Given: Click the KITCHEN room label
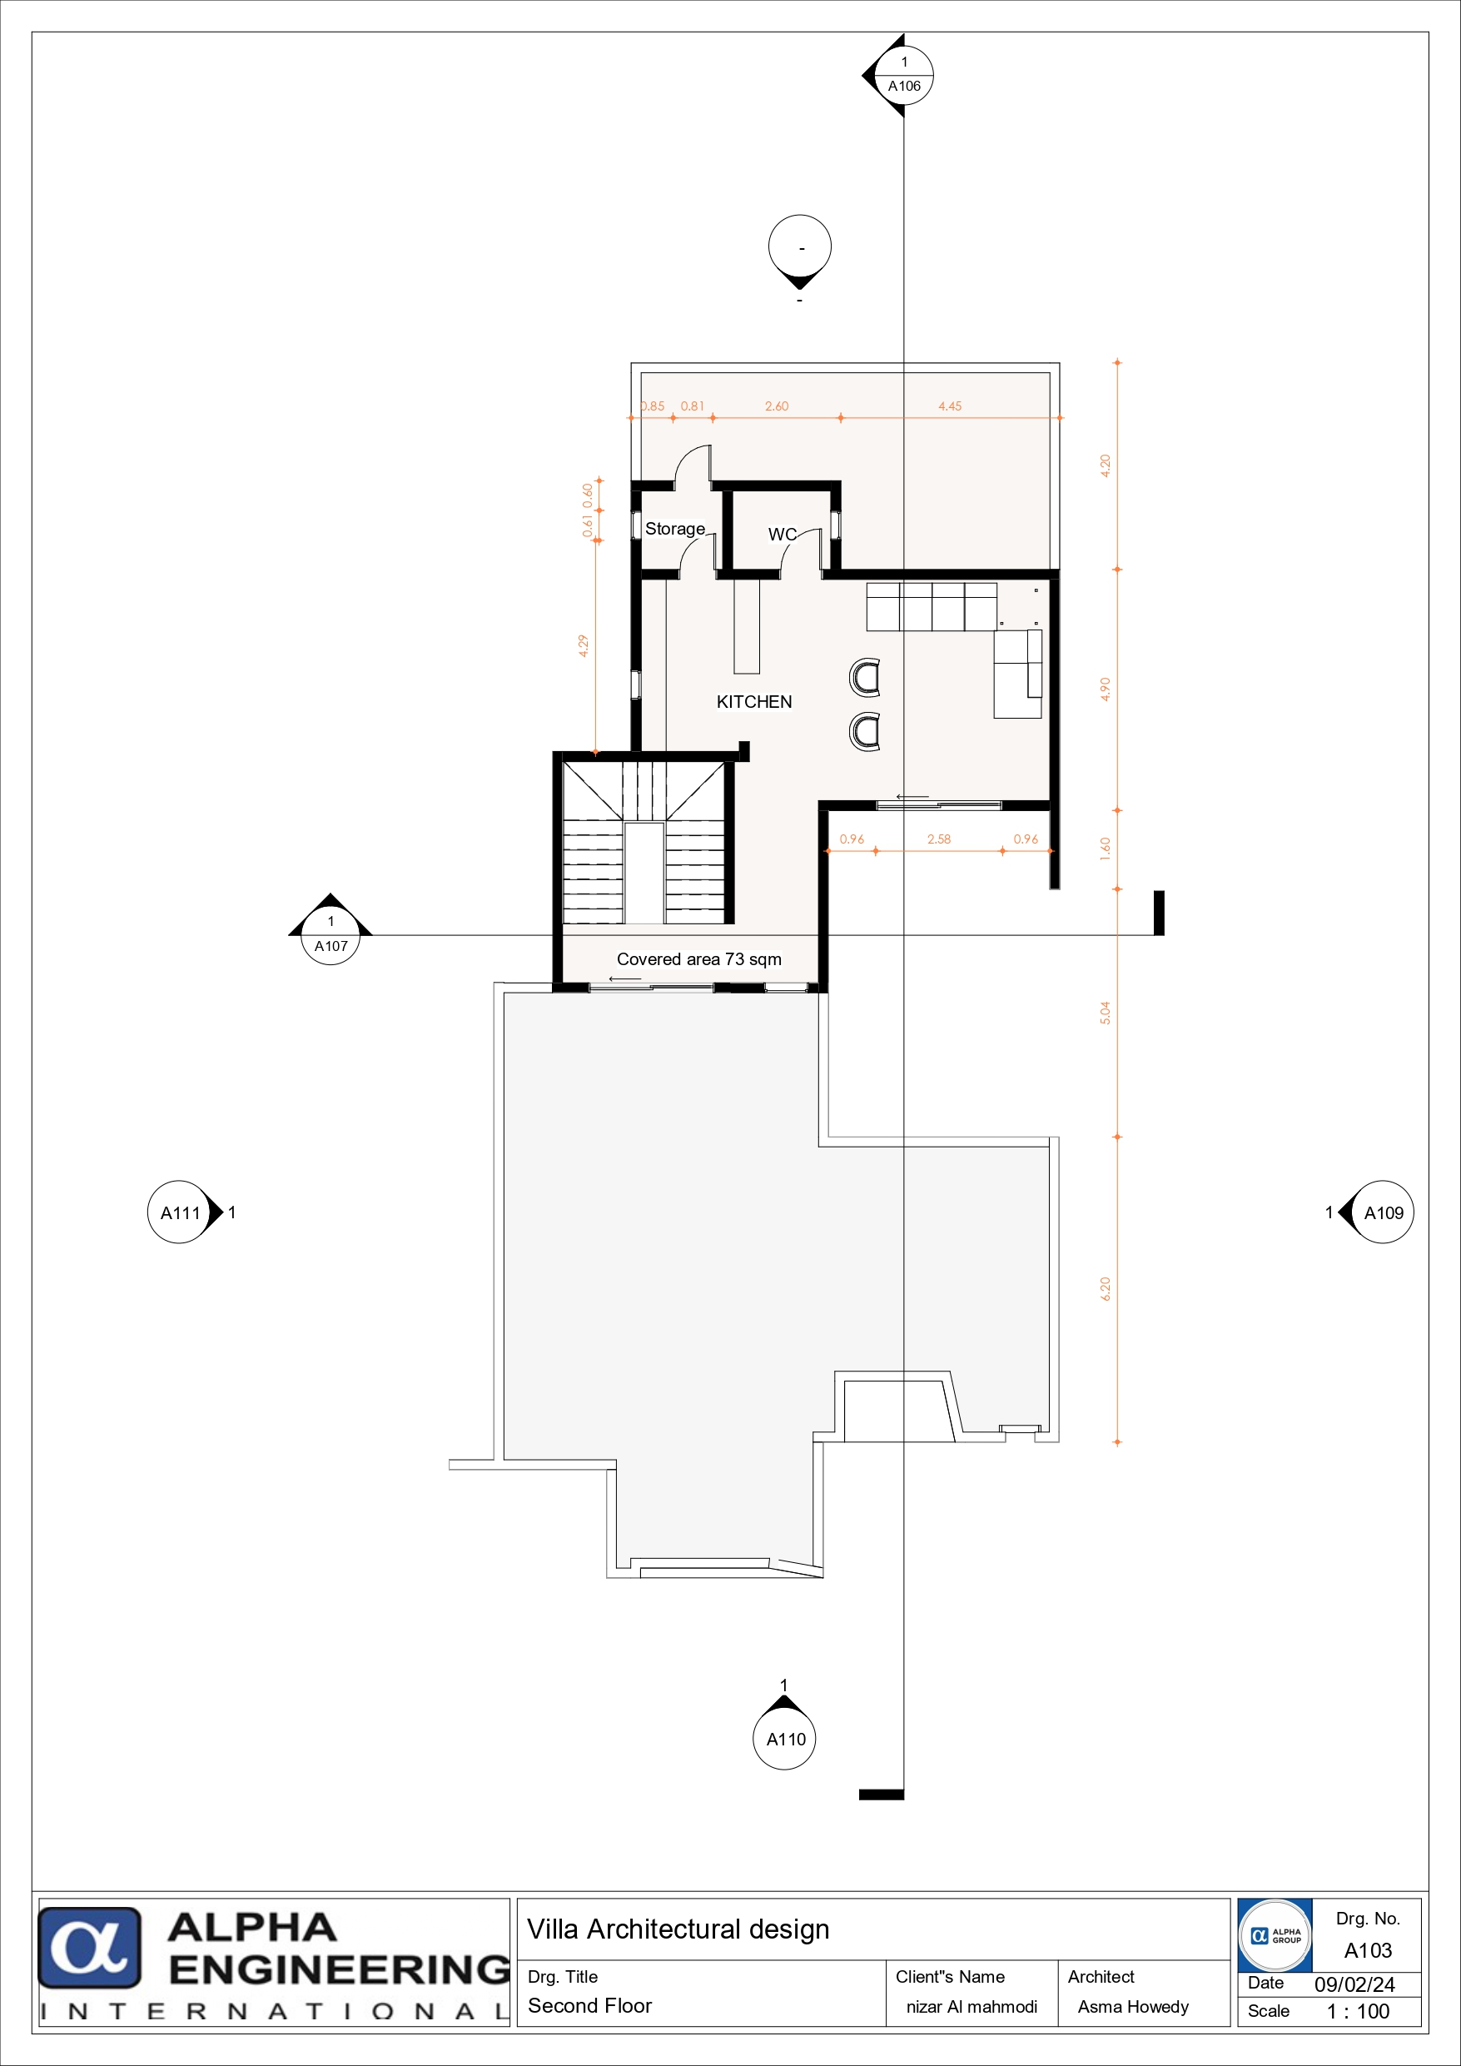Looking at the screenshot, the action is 754,702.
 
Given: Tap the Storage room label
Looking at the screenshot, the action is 674,529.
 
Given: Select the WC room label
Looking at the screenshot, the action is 782,535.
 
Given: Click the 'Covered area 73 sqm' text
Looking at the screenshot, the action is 699,959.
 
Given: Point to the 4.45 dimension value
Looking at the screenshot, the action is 950,406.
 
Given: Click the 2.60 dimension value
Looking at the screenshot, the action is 777,406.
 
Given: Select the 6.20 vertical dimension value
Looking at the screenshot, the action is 1106,1289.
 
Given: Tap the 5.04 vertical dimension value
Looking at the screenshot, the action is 1106,1013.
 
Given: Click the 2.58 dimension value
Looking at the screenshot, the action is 939,839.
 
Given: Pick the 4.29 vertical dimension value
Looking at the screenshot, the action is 584,646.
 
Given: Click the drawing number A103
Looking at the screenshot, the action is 1368,1951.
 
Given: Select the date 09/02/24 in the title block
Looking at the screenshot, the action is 1354,1985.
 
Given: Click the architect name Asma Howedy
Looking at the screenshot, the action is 1134,2008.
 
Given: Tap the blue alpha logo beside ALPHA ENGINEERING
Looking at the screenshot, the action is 89,1948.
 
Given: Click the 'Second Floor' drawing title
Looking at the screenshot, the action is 590,2007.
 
